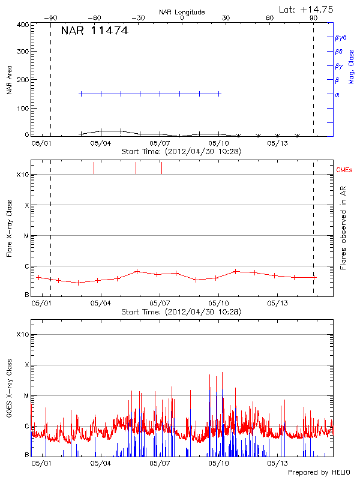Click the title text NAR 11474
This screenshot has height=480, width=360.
pyautogui.click(x=94, y=31)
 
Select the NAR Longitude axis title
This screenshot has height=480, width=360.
pyautogui.click(x=182, y=12)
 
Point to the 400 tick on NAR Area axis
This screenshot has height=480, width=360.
pyautogui.click(x=22, y=25)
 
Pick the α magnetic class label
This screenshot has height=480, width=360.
pyautogui.click(x=337, y=94)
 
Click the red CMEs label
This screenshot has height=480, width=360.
pyautogui.click(x=344, y=171)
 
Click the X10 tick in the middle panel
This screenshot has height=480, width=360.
pyautogui.click(x=23, y=175)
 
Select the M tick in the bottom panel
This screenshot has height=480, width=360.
pyautogui.click(x=26, y=396)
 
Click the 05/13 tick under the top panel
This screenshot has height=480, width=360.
pyautogui.click(x=277, y=143)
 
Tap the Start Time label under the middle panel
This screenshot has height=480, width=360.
pyautogui.click(x=181, y=312)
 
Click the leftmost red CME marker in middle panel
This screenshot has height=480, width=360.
pyautogui.click(x=94, y=168)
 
